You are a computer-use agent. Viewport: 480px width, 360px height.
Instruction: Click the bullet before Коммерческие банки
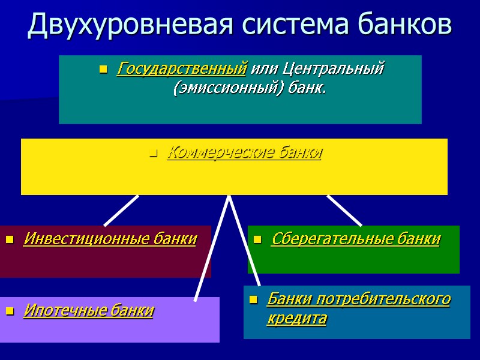[153, 155]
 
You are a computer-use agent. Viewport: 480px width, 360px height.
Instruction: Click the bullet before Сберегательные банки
[257, 241]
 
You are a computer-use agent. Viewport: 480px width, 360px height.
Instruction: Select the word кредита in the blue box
[296, 319]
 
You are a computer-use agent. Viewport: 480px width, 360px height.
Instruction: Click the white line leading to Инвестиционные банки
[122, 210]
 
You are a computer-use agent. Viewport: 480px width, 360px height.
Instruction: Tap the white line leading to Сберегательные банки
[344, 210]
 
